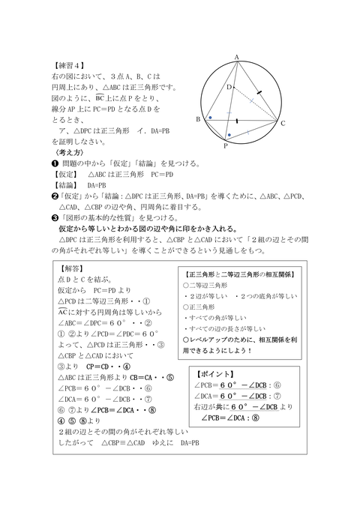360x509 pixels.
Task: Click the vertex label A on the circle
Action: [236, 57]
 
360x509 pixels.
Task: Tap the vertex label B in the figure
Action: [197, 119]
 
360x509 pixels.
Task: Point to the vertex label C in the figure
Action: [283, 124]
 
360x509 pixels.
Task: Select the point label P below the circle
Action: [225, 146]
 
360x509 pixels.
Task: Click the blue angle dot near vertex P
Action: [229, 135]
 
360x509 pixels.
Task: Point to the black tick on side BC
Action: [237, 120]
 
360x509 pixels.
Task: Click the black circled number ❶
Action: [55, 163]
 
